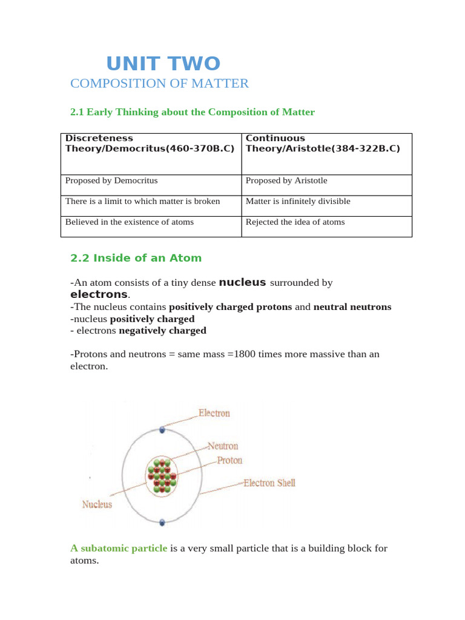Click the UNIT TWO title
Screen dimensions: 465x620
coord(163,63)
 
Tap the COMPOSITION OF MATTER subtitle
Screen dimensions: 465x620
coord(159,84)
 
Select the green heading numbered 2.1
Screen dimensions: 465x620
coord(193,112)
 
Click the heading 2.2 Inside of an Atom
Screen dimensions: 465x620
coord(136,258)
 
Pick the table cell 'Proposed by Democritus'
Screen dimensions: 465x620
coord(111,180)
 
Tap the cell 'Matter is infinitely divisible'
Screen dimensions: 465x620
coord(297,201)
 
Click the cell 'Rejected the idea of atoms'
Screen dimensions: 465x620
coord(295,222)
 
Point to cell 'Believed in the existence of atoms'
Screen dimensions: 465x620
coord(130,222)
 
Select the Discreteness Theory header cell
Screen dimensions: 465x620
coord(150,143)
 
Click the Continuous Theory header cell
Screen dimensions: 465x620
coord(323,143)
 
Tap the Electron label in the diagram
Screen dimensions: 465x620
coord(214,414)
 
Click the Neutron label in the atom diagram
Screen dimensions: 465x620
coord(223,446)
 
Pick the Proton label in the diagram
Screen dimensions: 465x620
coord(229,460)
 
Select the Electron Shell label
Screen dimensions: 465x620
coord(269,483)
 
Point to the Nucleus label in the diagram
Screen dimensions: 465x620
coord(97,504)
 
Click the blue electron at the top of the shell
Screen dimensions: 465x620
coord(162,430)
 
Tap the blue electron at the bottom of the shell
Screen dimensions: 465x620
coord(162,522)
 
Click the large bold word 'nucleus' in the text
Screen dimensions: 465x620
coord(242,282)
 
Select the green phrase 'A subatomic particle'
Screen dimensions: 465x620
coord(119,549)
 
